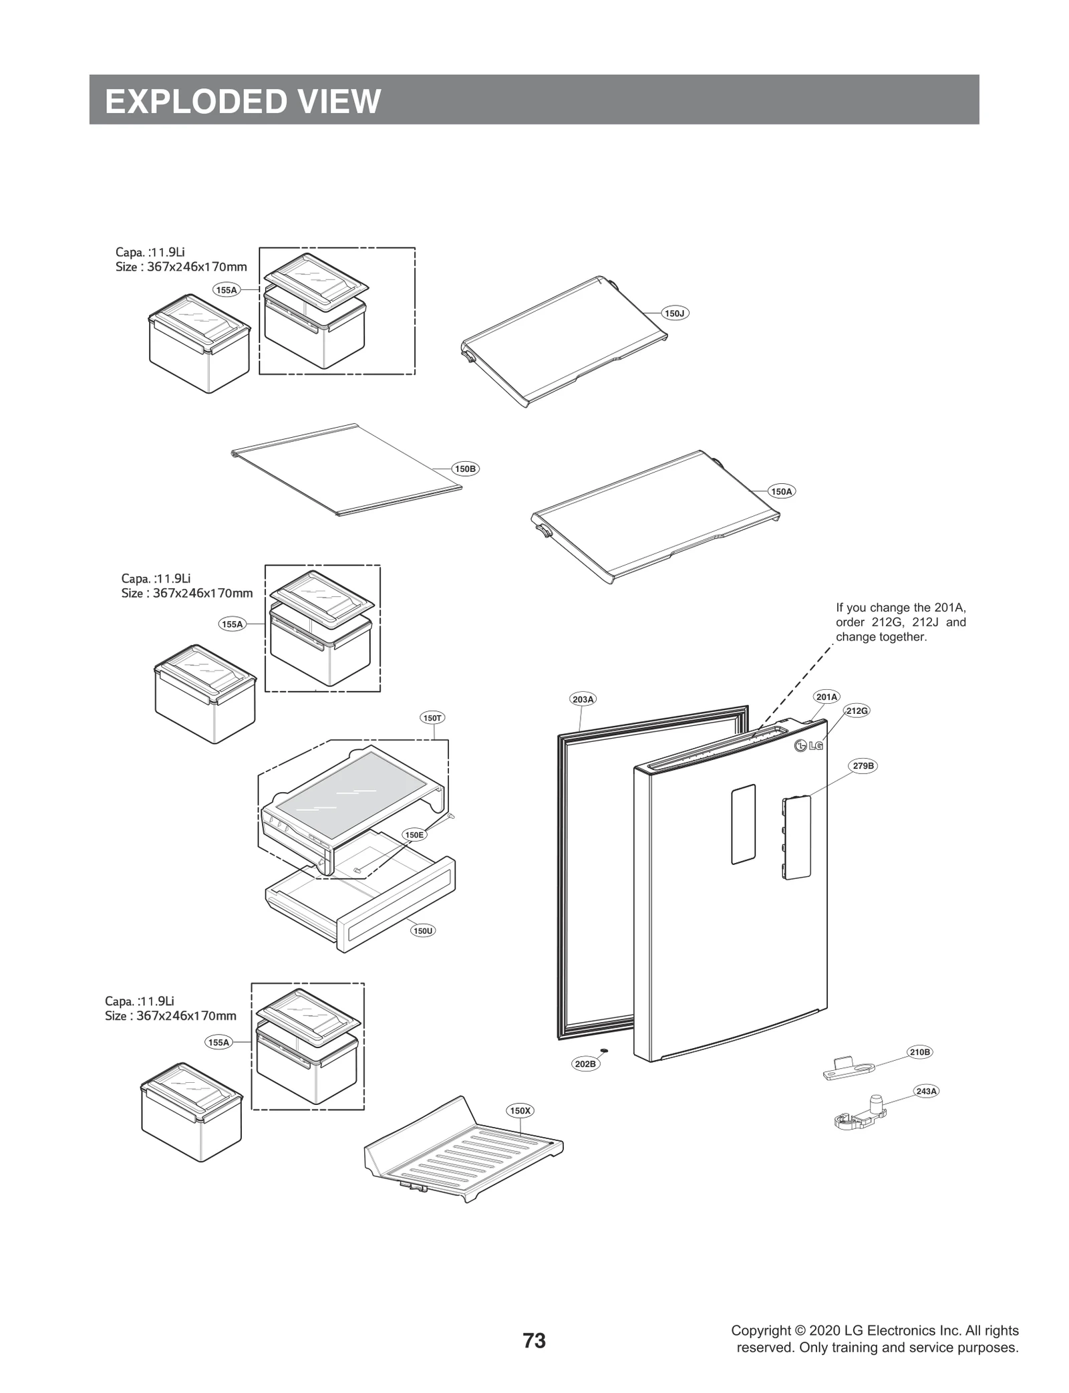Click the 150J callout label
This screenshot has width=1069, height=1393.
tap(675, 313)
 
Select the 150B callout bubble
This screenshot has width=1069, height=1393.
tap(465, 469)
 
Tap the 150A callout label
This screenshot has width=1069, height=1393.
tap(781, 491)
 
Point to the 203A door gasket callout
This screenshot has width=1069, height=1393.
tap(583, 699)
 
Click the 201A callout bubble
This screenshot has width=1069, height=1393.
tap(826, 696)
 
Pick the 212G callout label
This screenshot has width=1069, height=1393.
tap(857, 711)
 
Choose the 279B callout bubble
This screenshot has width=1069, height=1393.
tap(863, 766)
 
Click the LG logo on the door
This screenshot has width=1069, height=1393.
tap(808, 746)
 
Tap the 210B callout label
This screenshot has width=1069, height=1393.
tap(919, 1052)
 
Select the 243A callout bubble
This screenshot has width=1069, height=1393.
tap(926, 1091)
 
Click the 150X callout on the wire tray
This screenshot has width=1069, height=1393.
tap(520, 1110)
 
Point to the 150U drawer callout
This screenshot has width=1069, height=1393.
tap(423, 930)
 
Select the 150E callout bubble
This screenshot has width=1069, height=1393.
tap(414, 835)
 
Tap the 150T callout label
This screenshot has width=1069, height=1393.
tap(432, 718)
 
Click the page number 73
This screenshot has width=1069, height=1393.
tap(534, 1340)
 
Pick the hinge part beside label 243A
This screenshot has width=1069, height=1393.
tap(860, 1114)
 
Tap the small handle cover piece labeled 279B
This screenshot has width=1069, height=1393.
tap(796, 837)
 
